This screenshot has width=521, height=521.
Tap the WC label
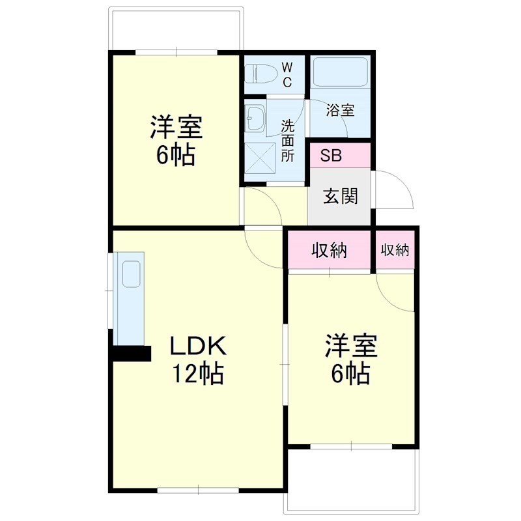pos(287,74)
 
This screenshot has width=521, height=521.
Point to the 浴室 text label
pos(340,110)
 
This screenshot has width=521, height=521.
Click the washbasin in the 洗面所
pos(255,119)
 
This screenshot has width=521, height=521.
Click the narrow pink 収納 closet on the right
pos(395,249)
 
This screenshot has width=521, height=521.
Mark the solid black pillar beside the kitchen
pos(132,353)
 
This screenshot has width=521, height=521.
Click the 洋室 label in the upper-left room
pos(176,127)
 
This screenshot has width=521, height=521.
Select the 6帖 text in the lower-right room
pos(352,374)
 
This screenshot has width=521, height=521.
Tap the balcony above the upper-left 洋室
pos(176,29)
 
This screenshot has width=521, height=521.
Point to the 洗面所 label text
pos(288,139)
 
